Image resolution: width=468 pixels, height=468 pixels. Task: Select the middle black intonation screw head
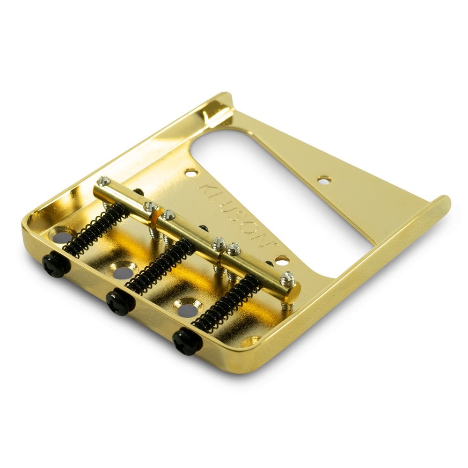120,303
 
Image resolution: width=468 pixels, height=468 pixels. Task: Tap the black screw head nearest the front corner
187,341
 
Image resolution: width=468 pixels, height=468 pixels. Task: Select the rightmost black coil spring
227,303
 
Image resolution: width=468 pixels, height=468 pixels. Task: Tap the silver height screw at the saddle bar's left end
104,181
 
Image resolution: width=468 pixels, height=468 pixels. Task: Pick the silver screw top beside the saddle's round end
287,279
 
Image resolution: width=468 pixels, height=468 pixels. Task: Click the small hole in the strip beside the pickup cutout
323,179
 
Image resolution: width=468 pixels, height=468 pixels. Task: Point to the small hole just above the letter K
191,173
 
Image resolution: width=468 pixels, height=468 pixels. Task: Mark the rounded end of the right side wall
443,204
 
